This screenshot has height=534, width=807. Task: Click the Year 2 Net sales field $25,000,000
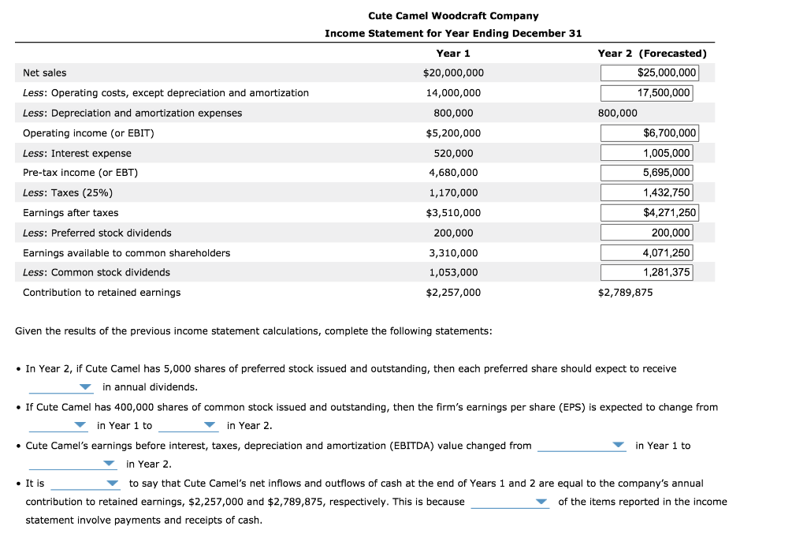click(648, 73)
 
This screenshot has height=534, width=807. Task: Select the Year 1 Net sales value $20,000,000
click(453, 73)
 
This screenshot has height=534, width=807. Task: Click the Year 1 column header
click(453, 54)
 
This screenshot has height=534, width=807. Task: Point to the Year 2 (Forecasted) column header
click(652, 54)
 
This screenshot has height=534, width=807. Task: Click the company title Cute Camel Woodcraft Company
click(453, 16)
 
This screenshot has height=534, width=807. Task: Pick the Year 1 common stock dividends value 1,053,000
click(453, 272)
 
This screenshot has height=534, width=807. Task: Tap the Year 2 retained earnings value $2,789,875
click(625, 293)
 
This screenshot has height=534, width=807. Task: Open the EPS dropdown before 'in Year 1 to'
click(58, 426)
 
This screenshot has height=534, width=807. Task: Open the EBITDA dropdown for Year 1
click(582, 446)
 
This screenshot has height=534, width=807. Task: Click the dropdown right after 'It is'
click(85, 484)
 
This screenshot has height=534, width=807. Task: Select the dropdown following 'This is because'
click(510, 502)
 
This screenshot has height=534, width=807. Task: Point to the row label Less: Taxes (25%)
click(68, 193)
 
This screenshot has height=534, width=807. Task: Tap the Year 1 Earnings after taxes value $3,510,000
click(453, 213)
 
